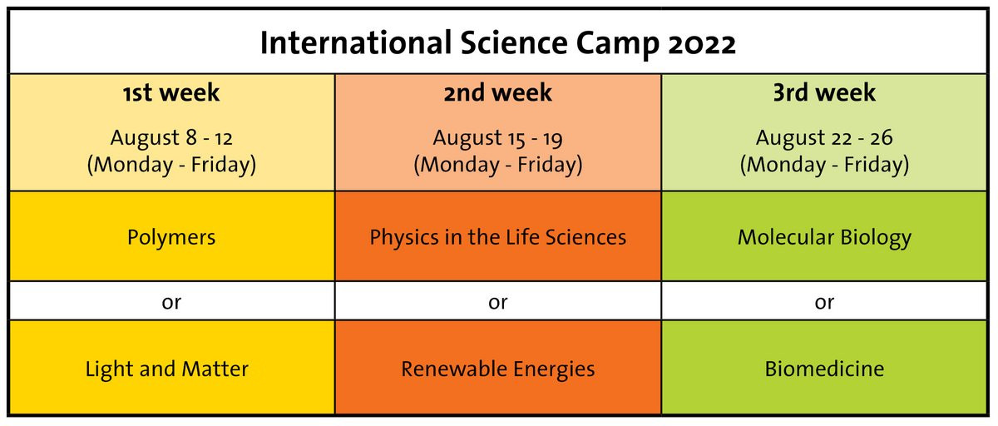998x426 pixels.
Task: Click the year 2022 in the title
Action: click(x=702, y=43)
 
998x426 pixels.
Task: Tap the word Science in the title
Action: click(x=514, y=42)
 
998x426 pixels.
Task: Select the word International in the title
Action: click(x=356, y=42)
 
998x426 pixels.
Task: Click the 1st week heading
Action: click(x=171, y=92)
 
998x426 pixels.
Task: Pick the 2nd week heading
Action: click(x=497, y=92)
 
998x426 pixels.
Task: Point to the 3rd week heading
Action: click(x=824, y=92)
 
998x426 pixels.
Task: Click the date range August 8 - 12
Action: click(x=171, y=137)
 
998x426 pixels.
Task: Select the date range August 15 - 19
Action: click(x=497, y=138)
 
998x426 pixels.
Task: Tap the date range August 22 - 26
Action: click(x=824, y=137)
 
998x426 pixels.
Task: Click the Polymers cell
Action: click(x=171, y=236)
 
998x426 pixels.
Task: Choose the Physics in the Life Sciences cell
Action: click(x=497, y=236)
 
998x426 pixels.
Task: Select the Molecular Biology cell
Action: click(x=824, y=236)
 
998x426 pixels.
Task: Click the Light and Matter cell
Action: click(x=171, y=367)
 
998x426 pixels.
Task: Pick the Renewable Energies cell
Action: click(x=497, y=367)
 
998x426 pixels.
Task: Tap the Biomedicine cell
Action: click(x=824, y=367)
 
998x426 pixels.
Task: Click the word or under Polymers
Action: click(x=171, y=303)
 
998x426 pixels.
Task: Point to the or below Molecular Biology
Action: click(x=824, y=303)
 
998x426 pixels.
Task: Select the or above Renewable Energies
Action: click(x=497, y=303)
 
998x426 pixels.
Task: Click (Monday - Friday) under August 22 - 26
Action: click(x=824, y=165)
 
